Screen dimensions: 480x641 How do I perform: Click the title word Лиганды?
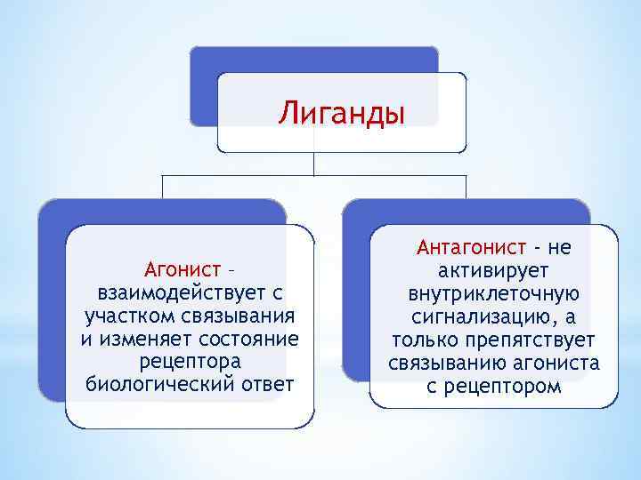pos(341,114)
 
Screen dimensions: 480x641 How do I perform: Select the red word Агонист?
pos(182,268)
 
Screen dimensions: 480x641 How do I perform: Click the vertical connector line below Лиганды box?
pos(314,164)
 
